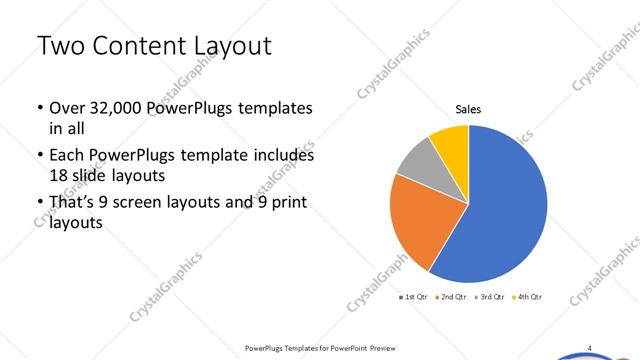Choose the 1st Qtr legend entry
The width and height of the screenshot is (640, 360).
coord(415,297)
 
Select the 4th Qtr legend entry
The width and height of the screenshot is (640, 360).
coord(530,297)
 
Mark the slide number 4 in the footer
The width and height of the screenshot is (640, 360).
coord(589,348)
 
